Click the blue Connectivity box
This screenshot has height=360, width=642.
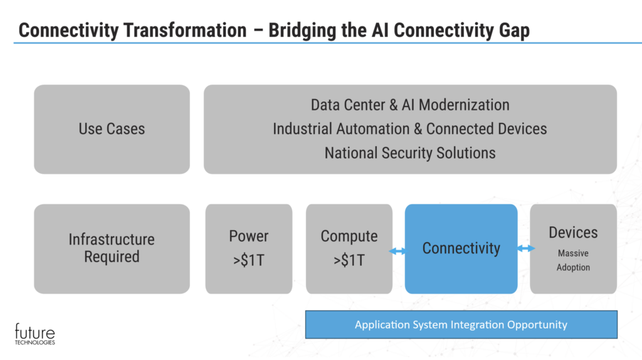(x=461, y=248)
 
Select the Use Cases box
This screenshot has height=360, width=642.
(x=112, y=129)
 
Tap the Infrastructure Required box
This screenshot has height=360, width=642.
(x=112, y=248)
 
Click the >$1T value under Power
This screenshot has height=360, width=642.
(x=248, y=260)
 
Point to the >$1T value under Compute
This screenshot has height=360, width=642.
(x=349, y=260)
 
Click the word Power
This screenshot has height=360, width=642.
(x=248, y=236)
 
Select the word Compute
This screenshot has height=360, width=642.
(x=349, y=236)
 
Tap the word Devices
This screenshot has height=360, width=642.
(x=573, y=233)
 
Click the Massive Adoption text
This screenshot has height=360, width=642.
(x=573, y=261)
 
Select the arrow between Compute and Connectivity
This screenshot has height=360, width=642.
(x=397, y=251)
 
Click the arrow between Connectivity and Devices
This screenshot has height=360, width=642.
(x=526, y=248)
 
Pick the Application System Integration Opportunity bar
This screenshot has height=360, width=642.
(x=461, y=325)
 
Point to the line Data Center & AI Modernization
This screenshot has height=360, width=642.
(x=410, y=105)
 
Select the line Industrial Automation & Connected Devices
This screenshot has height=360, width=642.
(x=410, y=129)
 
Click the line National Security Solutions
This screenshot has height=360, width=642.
(x=410, y=152)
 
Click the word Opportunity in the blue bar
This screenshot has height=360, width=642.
(x=534, y=325)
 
